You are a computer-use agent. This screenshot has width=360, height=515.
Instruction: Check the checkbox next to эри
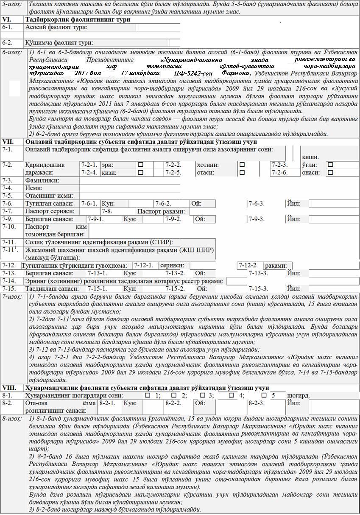coord(140,165)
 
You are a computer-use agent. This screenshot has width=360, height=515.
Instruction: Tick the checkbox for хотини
coord(242,165)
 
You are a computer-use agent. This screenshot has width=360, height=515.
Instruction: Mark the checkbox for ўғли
coord(330,165)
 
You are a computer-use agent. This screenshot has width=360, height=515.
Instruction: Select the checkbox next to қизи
coord(140,173)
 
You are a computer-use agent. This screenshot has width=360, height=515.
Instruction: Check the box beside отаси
coord(242,173)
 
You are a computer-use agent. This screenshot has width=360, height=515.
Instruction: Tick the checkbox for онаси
coord(330,173)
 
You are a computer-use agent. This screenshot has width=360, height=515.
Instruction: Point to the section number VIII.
coord(9,388)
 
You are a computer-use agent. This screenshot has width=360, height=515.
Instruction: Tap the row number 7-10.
coord(9,227)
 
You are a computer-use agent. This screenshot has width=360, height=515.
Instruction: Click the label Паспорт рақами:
coord(161,211)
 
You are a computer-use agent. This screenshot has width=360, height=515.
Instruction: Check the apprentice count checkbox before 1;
coord(148,395)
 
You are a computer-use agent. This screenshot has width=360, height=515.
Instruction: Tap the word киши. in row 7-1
coord(310,157)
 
